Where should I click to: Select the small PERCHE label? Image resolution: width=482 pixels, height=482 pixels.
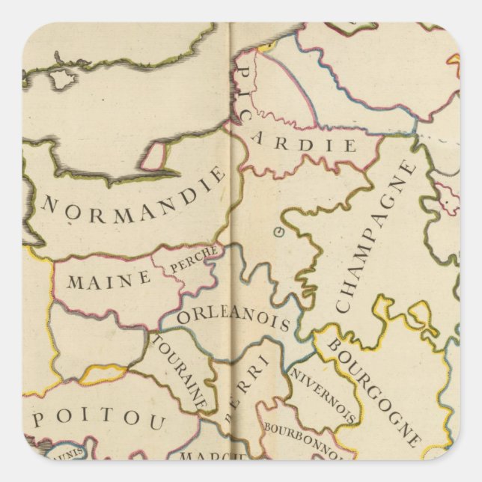point(194,258)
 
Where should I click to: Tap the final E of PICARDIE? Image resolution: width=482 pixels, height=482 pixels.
point(350,146)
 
